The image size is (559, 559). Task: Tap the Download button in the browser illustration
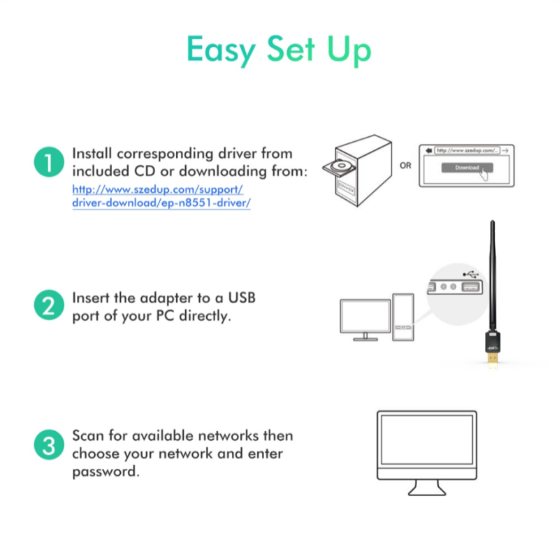[x=466, y=168]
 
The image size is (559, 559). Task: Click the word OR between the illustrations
[x=405, y=166]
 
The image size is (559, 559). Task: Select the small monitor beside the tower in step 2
[x=364, y=317]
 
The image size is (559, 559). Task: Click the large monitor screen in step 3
[x=427, y=447]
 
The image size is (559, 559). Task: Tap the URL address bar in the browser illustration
[x=467, y=150]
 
